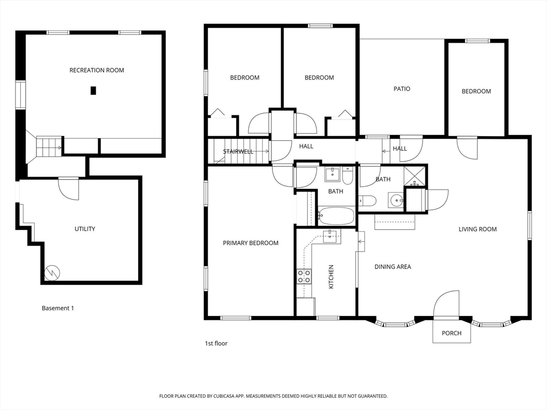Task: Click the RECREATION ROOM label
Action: pyautogui.click(x=97, y=70)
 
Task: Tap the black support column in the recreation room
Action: pyautogui.click(x=93, y=91)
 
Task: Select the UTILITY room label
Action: pyautogui.click(x=84, y=229)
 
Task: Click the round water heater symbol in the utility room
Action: pyautogui.click(x=52, y=272)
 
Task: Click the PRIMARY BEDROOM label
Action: pyautogui.click(x=251, y=243)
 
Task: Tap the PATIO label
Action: pyautogui.click(x=402, y=89)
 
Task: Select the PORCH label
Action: pyautogui.click(x=451, y=333)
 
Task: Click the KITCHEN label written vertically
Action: pyautogui.click(x=331, y=277)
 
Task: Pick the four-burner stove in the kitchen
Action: pyautogui.click(x=304, y=276)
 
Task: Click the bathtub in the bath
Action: pyautogui.click(x=336, y=216)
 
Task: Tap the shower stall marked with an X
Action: pyautogui.click(x=415, y=176)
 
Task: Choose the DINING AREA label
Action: pyautogui.click(x=393, y=266)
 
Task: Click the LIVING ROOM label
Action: pyautogui.click(x=478, y=229)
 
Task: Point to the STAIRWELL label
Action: pyautogui.click(x=238, y=152)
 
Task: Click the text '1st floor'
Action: pyautogui.click(x=216, y=343)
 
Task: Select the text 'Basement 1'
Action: pyautogui.click(x=58, y=308)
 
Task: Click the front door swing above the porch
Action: pyautogui.click(x=446, y=305)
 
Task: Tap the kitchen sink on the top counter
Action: pyautogui.click(x=331, y=235)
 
